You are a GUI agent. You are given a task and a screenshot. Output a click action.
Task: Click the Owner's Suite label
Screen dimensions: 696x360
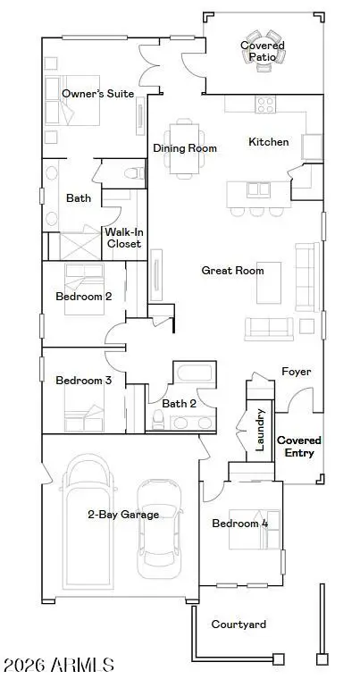[97, 93]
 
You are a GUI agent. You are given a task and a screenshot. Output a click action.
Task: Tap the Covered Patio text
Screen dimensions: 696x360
[263, 51]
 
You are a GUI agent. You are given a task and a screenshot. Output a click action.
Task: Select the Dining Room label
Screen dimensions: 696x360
[185, 148]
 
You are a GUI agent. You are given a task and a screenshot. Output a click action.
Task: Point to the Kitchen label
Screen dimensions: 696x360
[268, 142]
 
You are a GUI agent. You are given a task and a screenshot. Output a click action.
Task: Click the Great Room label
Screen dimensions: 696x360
[231, 270]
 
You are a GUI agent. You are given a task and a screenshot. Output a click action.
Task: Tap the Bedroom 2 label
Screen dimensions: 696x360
[83, 296]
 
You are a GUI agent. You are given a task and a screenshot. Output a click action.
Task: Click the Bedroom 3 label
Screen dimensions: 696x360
[83, 381]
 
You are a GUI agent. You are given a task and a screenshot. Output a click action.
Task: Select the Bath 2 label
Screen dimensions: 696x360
[180, 404]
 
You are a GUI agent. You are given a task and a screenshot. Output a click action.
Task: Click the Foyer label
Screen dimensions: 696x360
[296, 372]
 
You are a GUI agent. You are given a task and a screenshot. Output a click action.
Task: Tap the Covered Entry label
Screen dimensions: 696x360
[299, 447]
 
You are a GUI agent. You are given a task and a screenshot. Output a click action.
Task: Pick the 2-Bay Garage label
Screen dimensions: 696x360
[123, 514]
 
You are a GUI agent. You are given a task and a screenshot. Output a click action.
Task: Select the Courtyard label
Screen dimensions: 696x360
[239, 625]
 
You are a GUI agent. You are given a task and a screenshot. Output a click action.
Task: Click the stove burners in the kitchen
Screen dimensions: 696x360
[266, 104]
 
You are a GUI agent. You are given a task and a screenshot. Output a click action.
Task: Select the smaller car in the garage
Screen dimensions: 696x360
[158, 527]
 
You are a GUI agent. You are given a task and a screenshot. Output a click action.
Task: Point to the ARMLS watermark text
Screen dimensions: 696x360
[58, 666]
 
